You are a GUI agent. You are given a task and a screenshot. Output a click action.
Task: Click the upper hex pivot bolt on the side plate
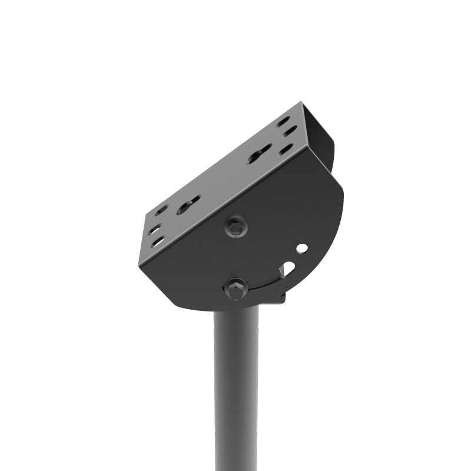(236, 227)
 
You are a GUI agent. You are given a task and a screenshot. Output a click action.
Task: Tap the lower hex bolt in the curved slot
(235, 288)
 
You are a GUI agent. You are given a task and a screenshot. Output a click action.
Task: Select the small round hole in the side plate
(301, 248)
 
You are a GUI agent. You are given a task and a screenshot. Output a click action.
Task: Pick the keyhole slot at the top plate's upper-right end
(259, 154)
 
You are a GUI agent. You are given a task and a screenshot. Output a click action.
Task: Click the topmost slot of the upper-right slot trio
(283, 121)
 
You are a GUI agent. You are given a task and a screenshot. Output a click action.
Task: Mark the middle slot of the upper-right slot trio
(289, 131)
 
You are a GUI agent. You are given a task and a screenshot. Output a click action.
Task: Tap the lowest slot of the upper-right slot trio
(286, 150)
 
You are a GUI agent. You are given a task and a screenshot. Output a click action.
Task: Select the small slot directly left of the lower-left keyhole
(161, 209)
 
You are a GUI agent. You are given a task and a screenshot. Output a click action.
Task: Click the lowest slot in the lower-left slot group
(158, 241)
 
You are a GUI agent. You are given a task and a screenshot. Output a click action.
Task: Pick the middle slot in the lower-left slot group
(154, 229)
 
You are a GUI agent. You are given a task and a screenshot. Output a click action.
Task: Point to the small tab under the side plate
(280, 298)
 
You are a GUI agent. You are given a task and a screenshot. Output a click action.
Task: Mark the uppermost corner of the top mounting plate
(301, 103)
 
